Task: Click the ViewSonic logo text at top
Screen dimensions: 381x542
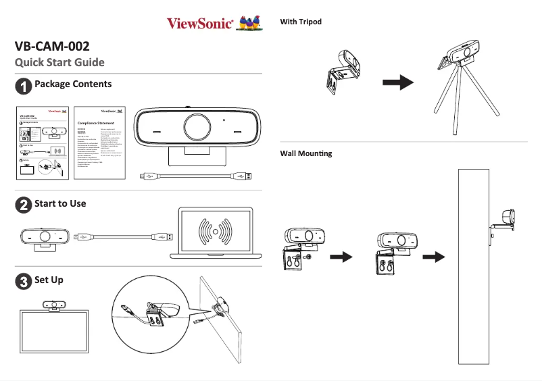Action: (201, 24)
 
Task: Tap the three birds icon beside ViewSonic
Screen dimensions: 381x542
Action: (250, 24)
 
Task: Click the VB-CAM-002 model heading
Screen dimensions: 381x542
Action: (51, 46)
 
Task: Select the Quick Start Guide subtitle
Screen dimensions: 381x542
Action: (59, 63)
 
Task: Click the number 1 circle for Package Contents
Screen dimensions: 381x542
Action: (24, 86)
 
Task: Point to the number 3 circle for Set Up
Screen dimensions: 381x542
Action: (24, 282)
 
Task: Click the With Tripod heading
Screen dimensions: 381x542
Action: (301, 22)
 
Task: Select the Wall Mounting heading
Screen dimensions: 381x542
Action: (305, 153)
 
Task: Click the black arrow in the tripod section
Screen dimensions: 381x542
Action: (397, 82)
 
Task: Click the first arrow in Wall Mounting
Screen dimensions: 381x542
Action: (345, 257)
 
